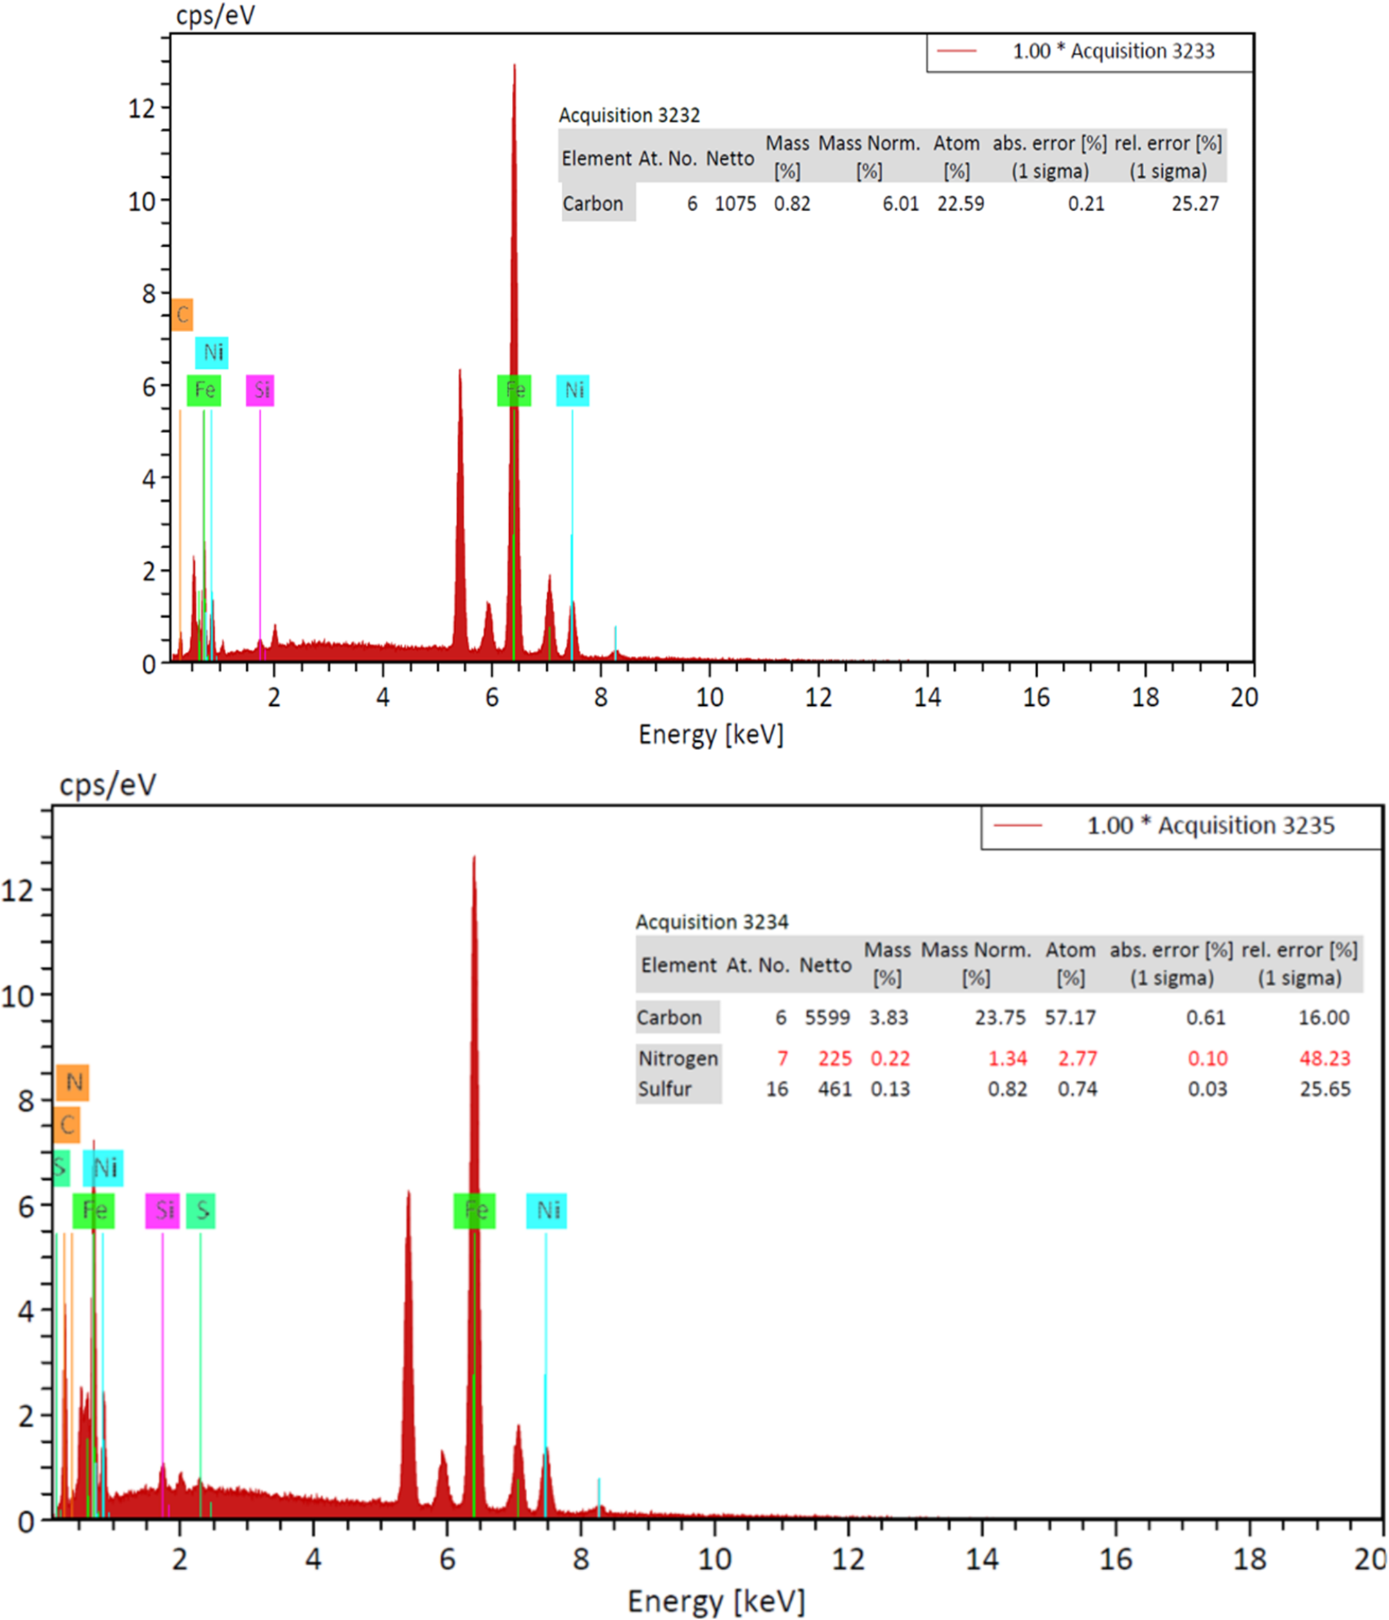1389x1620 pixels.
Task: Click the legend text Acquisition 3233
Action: tap(1113, 52)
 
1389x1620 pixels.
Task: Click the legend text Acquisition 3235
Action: tap(1210, 826)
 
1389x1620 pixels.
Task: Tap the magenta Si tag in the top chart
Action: tap(260, 390)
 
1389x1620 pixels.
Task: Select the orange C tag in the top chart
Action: tap(182, 315)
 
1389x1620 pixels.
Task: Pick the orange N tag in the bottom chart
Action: tap(73, 1082)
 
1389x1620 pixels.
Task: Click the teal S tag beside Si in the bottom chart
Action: tap(201, 1210)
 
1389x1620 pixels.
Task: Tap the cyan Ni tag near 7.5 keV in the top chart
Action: tap(573, 390)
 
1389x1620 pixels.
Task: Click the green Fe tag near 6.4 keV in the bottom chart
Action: tap(475, 1210)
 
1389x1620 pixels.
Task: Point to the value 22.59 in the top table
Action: tap(961, 204)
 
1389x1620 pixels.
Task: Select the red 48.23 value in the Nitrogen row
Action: tap(1324, 1059)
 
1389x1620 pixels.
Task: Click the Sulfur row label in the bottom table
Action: tap(665, 1089)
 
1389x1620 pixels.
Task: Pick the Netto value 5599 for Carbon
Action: tap(827, 1018)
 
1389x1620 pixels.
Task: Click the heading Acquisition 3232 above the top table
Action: tap(629, 116)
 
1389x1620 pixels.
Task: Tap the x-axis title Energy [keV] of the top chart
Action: tap(710, 735)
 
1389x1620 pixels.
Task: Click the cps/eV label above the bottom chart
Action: tap(108, 784)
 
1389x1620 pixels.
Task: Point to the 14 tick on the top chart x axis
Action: tap(927, 698)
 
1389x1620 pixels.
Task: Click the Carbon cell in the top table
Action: tap(594, 204)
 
